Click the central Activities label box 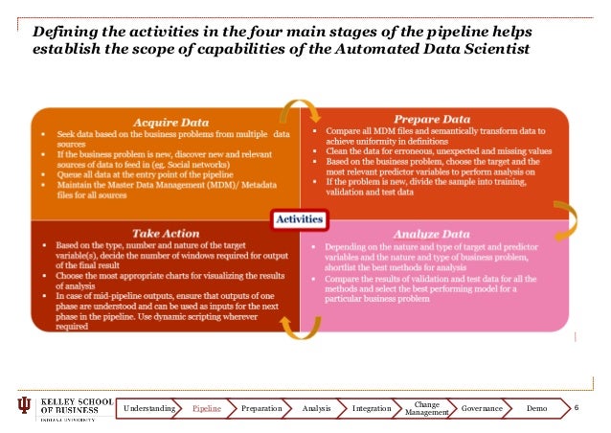coord(300,219)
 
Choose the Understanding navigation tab coord(149,409)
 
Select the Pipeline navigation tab coord(208,409)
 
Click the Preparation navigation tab coord(261,409)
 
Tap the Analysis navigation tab coord(316,409)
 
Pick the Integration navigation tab coord(372,409)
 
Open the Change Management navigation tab coord(426,409)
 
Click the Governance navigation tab coord(482,409)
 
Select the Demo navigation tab coord(536,409)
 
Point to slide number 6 coord(577,409)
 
